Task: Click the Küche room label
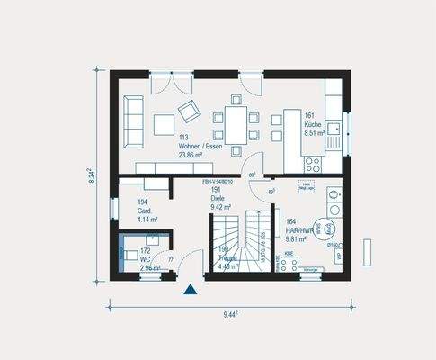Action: click(313, 124)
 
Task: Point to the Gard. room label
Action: click(147, 212)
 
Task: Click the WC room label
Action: click(145, 260)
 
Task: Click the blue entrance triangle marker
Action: click(190, 289)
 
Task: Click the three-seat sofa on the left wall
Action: click(131, 123)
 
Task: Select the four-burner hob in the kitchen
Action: click(315, 164)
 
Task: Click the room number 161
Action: click(309, 116)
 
